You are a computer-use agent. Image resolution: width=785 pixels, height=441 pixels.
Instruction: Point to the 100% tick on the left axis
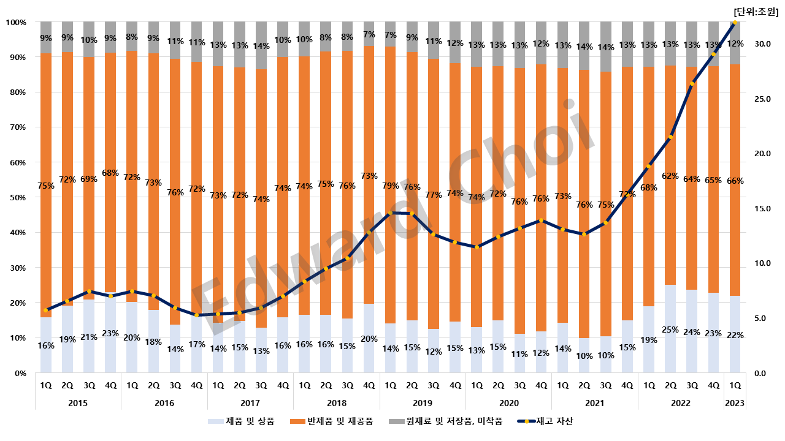[x=16, y=23]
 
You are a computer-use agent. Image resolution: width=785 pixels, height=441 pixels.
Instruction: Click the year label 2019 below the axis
[x=423, y=403]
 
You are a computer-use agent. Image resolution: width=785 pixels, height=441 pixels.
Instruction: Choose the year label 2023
[x=734, y=403]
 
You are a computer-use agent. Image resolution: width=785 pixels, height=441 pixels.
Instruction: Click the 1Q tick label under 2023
[x=734, y=385]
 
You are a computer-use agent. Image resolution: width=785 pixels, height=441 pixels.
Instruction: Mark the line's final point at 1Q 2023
[x=735, y=23]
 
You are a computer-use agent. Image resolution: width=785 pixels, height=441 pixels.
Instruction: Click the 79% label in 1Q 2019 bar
[x=391, y=186]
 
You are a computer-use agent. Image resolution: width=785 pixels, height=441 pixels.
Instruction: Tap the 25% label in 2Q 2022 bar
[x=670, y=330]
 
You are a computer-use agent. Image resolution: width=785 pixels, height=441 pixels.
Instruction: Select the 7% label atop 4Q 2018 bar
[x=369, y=34]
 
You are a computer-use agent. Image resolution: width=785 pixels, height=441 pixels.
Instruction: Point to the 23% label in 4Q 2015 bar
[x=111, y=334]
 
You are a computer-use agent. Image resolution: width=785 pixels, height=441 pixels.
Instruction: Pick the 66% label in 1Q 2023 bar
[x=735, y=181]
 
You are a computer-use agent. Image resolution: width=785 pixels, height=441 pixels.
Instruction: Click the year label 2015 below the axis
[x=78, y=403]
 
